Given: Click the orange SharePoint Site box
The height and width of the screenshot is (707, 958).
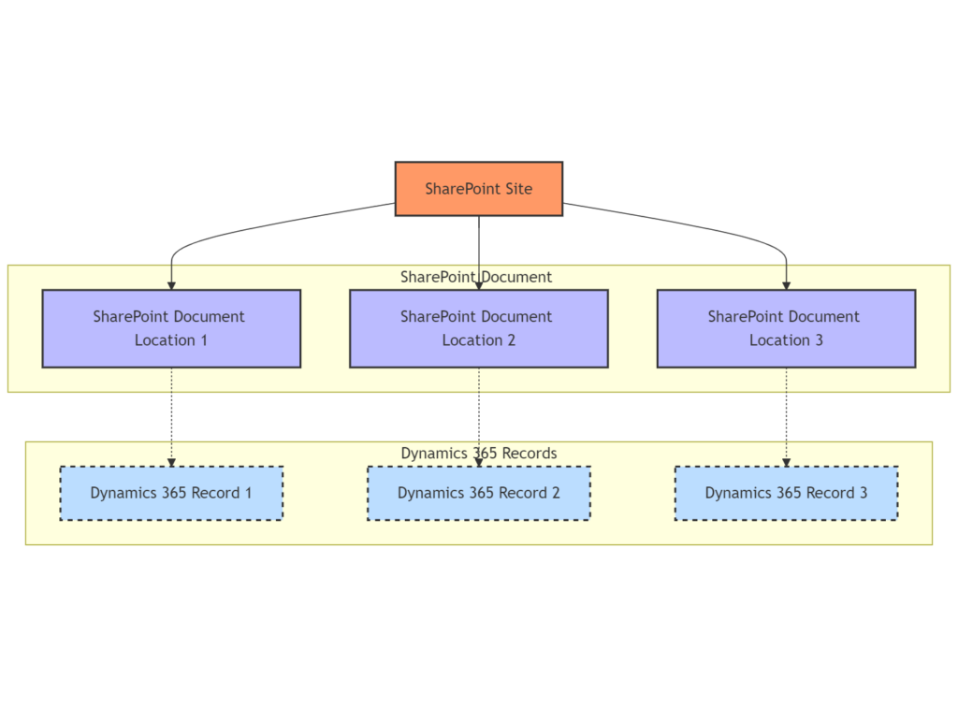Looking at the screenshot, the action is [x=479, y=189].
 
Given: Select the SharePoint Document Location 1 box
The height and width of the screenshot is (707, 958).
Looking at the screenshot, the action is [x=172, y=328].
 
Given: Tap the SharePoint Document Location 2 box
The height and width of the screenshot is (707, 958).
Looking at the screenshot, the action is [x=479, y=328].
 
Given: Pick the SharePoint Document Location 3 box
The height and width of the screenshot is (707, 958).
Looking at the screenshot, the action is [x=786, y=328].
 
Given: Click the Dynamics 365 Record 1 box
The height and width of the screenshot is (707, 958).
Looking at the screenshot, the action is [x=172, y=494].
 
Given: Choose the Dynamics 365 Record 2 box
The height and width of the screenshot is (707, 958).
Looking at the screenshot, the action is [x=479, y=494].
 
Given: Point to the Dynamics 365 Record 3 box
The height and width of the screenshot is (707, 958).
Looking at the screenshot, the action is [x=786, y=494].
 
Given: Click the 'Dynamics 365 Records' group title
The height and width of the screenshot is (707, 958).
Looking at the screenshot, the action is [x=479, y=453].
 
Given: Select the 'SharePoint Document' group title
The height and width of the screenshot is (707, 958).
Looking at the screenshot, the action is [x=476, y=277].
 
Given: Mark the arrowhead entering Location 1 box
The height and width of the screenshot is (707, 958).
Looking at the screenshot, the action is [x=172, y=286].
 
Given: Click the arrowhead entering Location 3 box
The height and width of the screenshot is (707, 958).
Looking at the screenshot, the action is [x=786, y=286].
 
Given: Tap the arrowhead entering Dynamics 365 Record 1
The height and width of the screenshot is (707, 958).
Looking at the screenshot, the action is [x=172, y=462].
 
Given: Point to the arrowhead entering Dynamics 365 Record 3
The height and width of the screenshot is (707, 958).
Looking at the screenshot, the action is [x=786, y=462].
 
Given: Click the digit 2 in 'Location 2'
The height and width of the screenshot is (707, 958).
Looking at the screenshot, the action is [x=512, y=340].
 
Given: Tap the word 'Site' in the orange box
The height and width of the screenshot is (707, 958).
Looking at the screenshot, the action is [x=518, y=189].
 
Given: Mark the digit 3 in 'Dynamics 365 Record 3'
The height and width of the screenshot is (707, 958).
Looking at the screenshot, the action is [x=864, y=494].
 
